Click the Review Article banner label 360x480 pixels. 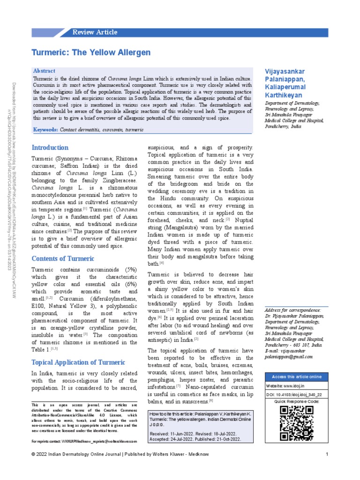click(95, 32)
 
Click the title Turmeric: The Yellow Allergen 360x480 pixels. click(91, 52)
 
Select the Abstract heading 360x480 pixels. click(44, 70)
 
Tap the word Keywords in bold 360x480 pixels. click(45, 129)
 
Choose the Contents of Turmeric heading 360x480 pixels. click(63, 258)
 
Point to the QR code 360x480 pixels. click(296, 423)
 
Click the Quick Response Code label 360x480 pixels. click(296, 402)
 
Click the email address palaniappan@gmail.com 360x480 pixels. click(288, 357)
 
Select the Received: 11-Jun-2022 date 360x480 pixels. click(172, 434)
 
